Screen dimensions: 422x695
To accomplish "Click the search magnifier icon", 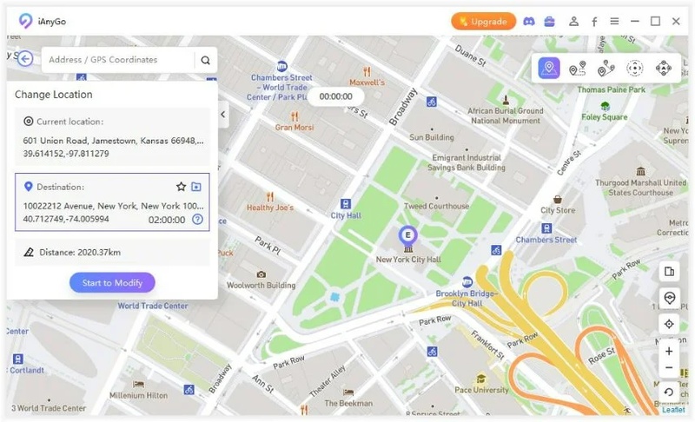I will point(205,61).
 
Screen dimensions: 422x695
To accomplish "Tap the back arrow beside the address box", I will point(25,59).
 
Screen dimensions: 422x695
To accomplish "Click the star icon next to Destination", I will point(181,187).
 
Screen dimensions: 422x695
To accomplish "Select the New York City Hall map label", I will point(408,260).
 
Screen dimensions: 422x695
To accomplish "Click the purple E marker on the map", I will point(407,234).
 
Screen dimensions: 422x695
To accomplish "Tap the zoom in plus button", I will point(668,352).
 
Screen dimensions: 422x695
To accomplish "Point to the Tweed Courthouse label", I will point(436,206).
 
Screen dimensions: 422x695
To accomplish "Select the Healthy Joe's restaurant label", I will point(269,208).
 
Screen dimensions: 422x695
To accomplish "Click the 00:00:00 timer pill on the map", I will point(335,97).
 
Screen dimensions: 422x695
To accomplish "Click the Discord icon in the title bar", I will point(529,22).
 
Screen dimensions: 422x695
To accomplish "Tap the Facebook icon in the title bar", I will point(594,22).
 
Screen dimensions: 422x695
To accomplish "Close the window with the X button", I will point(676,22).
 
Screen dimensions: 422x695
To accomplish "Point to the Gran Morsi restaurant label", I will point(294,128).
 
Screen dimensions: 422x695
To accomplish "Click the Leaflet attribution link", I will point(674,410).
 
